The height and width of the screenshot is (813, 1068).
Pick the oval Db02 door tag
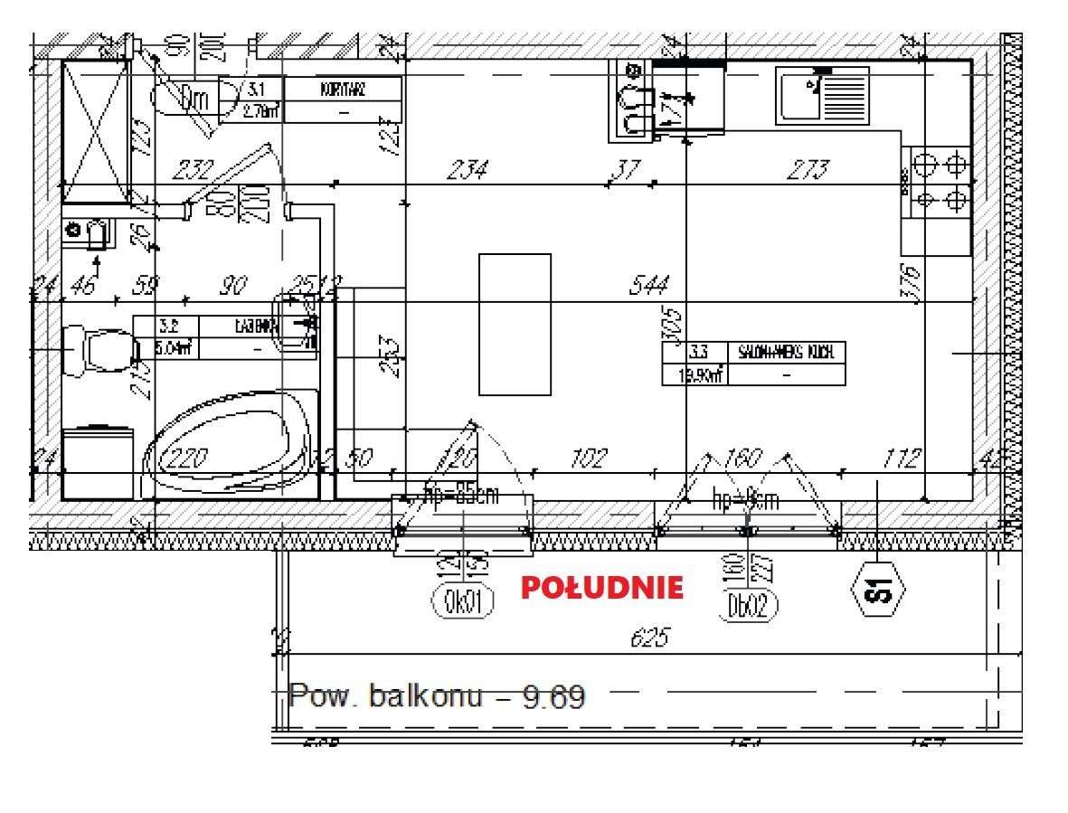[751, 605]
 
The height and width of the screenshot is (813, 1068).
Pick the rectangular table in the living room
[515, 324]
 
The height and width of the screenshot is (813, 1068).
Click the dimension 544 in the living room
[650, 287]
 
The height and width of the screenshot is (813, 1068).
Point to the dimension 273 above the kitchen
[808, 169]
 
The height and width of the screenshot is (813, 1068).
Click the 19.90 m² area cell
[695, 375]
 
